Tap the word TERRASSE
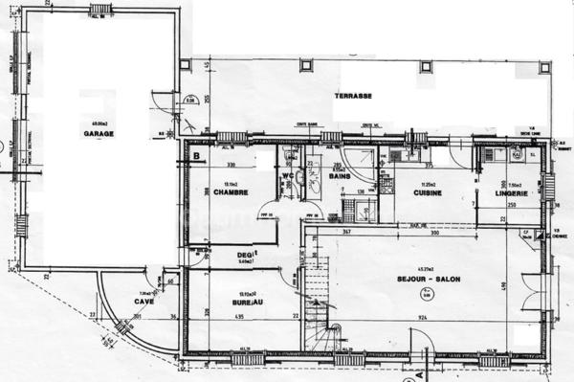click(353, 98)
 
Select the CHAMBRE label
click(232, 191)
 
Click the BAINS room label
click(339, 176)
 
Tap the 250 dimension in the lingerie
click(512, 205)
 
